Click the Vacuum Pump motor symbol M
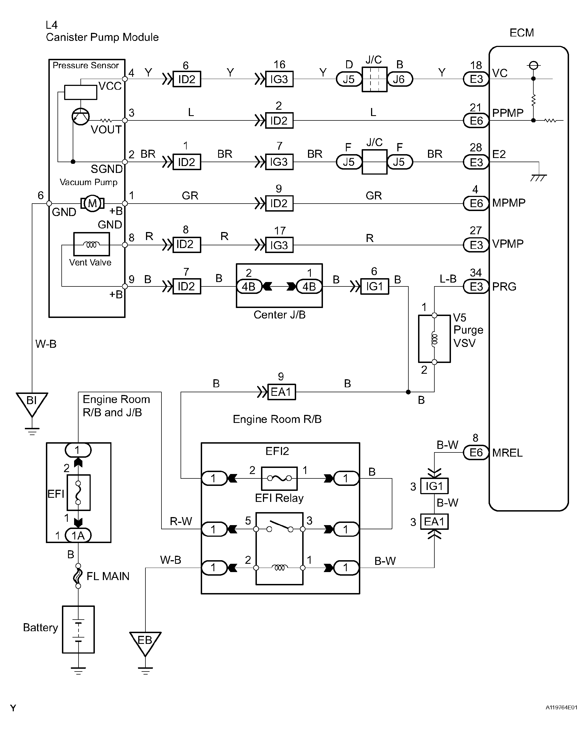[92, 203]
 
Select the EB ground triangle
[145, 642]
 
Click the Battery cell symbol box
[78, 630]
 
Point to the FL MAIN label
[108, 576]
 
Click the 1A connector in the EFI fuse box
[78, 535]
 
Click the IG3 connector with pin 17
[279, 245]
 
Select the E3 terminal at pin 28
[476, 162]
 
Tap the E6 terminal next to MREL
[476, 452]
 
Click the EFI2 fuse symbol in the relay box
[279, 478]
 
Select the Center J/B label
[279, 315]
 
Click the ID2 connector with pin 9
[279, 203]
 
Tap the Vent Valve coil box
[92, 244]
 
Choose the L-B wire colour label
[448, 279]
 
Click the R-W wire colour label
[181, 521]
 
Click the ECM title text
[522, 33]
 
